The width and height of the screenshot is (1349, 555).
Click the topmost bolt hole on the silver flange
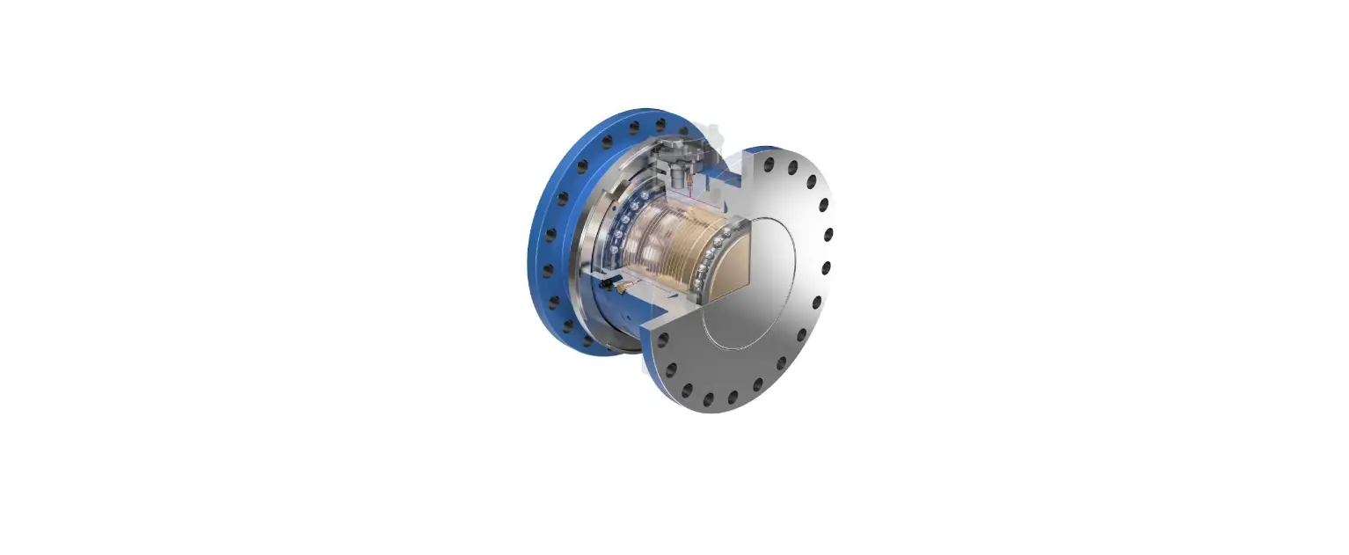point(771,164)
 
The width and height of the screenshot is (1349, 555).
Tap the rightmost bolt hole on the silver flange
point(828,235)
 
